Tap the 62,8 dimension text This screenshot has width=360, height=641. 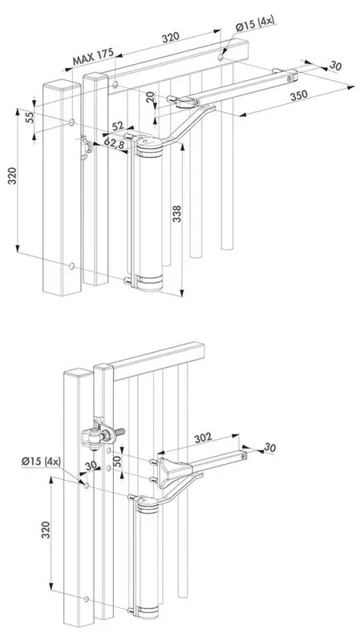[115, 144]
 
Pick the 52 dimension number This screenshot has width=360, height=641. [118, 127]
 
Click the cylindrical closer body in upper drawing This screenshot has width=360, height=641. [149, 212]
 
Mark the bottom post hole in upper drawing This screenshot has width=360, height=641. [72, 265]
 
